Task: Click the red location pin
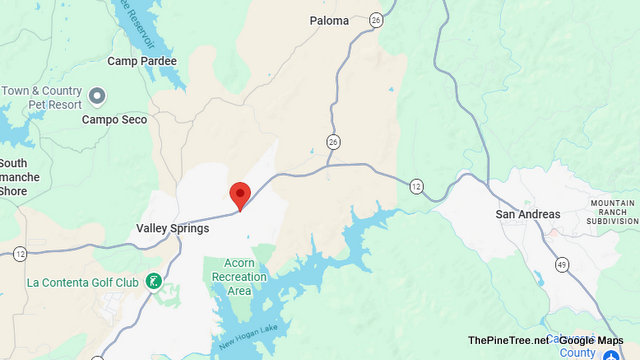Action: (239, 194)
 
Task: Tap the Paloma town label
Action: (329, 20)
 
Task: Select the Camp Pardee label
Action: (142, 61)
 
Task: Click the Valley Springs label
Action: (172, 228)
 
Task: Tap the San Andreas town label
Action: (528, 215)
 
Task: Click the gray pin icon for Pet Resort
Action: (97, 96)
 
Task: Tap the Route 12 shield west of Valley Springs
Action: (19, 254)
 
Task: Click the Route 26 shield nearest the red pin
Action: (332, 140)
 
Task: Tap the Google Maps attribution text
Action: (589, 341)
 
